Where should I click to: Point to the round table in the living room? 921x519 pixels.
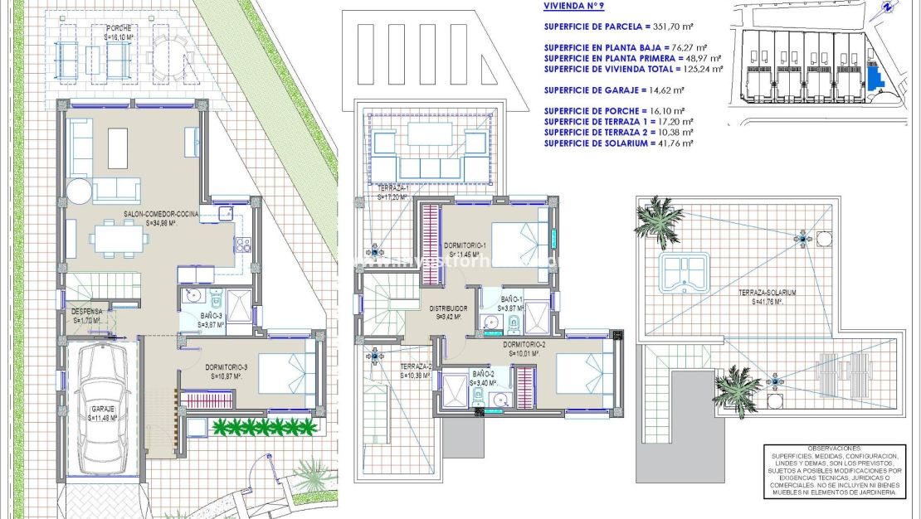(x=80, y=192)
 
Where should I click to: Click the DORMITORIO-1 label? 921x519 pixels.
(x=466, y=249)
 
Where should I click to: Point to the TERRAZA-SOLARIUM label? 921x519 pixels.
(x=767, y=296)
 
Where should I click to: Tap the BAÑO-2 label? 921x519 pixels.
(x=483, y=376)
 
